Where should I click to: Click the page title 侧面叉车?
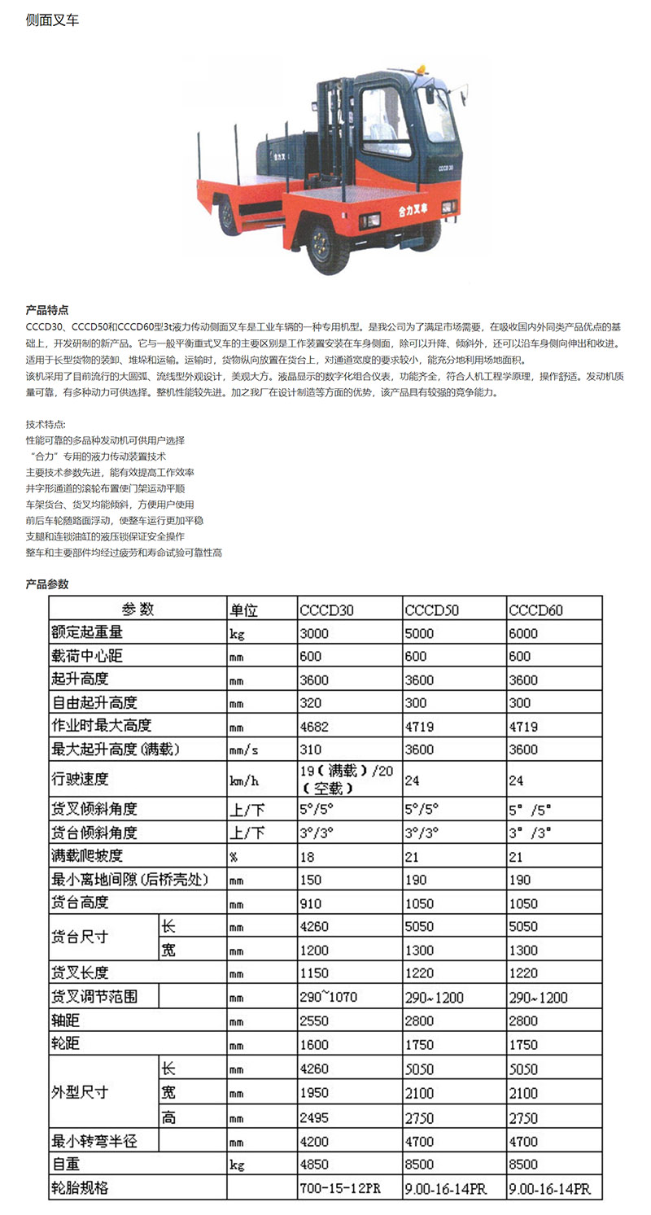point(53,20)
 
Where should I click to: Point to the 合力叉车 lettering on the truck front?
point(413,211)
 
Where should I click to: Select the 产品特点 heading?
point(47,310)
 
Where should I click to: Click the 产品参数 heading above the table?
point(47,583)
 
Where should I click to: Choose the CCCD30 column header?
point(326,610)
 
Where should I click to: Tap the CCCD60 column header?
point(535,610)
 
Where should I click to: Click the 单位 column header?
point(243,610)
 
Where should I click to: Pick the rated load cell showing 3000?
point(314,633)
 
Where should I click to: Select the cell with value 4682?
point(314,726)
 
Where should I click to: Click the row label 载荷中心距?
point(87,656)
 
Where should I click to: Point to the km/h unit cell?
point(243,780)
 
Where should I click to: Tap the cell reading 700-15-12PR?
point(339,1188)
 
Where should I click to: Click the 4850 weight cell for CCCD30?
point(314,1165)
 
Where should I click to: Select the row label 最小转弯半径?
point(94,1141)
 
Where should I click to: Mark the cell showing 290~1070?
point(329,997)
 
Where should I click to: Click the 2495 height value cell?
point(314,1117)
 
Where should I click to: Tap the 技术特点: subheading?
point(46,425)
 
